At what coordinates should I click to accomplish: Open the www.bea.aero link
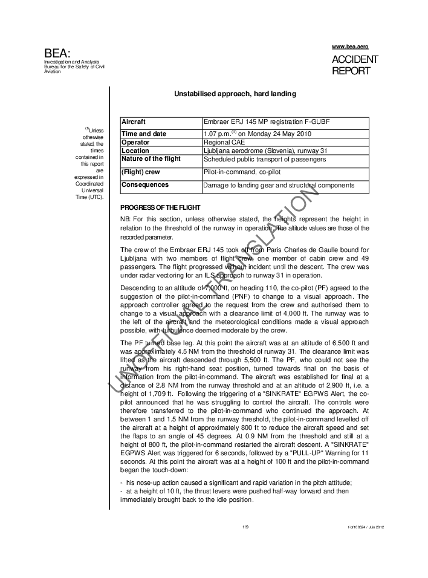coord(350,47)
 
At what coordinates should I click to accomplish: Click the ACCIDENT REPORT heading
coord(355,65)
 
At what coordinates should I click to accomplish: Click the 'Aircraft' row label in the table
coord(134,122)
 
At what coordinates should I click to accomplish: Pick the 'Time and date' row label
coord(144,134)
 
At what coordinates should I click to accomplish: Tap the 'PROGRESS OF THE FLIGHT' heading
coord(158,207)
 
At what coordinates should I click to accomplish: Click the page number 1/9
coord(245,527)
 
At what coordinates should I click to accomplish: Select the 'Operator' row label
coord(136,142)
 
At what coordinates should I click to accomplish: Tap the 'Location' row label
coord(135,151)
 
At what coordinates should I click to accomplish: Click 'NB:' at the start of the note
coord(126,218)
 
